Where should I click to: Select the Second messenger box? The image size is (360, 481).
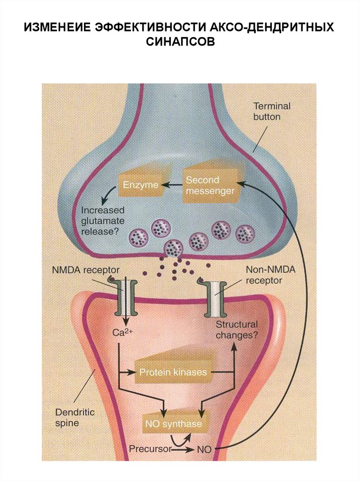point(209,185)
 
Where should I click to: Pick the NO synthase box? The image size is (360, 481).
point(173,425)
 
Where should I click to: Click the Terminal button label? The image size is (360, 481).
point(272,111)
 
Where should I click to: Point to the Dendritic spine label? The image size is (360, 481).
point(75,418)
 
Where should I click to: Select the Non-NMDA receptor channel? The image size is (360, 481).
point(216,300)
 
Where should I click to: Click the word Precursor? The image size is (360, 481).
point(150,449)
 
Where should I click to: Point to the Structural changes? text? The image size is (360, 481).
point(237,329)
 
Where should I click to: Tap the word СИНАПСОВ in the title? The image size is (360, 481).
point(180,42)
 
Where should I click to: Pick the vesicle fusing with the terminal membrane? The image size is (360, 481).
point(174,247)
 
